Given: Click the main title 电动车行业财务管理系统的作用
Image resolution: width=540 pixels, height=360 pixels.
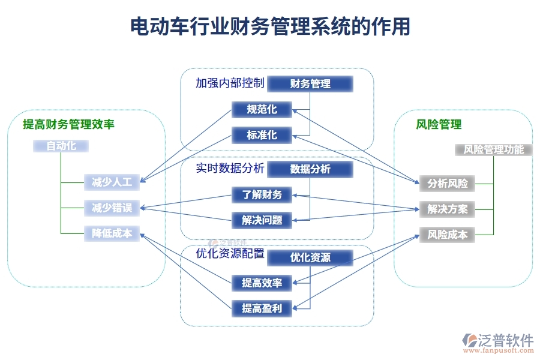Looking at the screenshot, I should click(270, 27).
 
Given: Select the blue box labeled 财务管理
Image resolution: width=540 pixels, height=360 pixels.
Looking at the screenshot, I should click(310, 83).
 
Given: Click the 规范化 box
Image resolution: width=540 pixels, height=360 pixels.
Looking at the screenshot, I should click(262, 109).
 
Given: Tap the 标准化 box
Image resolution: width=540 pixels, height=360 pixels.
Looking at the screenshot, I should click(262, 135).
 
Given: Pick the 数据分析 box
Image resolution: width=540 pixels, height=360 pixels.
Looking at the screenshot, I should click(310, 169).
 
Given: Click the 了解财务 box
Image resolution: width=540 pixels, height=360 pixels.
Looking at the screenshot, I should click(262, 194).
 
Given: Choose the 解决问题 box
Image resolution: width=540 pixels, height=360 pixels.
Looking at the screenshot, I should click(262, 220).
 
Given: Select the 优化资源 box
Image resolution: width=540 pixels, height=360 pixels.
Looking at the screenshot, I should click(310, 257).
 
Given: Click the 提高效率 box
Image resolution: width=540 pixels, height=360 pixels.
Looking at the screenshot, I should click(262, 283).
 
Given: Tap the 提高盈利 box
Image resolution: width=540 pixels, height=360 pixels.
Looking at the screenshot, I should click(262, 308).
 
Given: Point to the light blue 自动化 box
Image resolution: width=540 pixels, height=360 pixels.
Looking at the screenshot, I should click(61, 145).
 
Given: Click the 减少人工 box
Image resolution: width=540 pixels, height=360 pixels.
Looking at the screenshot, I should click(112, 182).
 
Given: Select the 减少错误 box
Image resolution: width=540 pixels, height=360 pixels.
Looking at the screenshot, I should click(112, 208).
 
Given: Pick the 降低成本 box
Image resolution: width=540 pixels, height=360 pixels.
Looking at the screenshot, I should click(112, 233).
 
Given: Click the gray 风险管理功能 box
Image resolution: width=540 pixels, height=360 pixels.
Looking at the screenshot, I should click(494, 149).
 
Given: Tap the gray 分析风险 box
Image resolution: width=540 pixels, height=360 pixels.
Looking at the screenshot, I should click(448, 183).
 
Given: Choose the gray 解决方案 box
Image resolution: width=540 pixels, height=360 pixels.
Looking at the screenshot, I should click(448, 209).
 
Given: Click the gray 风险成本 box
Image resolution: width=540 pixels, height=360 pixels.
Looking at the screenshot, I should click(448, 235).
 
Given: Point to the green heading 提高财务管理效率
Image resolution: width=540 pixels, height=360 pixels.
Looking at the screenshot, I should click(68, 125).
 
